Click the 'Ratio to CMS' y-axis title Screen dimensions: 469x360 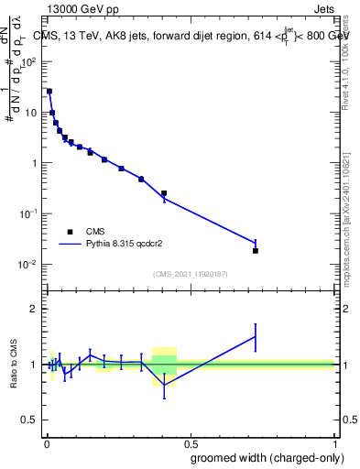[15, 364]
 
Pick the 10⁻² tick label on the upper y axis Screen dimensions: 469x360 [28, 264]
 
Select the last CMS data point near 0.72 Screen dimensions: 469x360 [256, 250]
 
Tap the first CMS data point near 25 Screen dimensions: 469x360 [49, 92]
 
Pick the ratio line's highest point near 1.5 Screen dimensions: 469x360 [256, 336]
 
